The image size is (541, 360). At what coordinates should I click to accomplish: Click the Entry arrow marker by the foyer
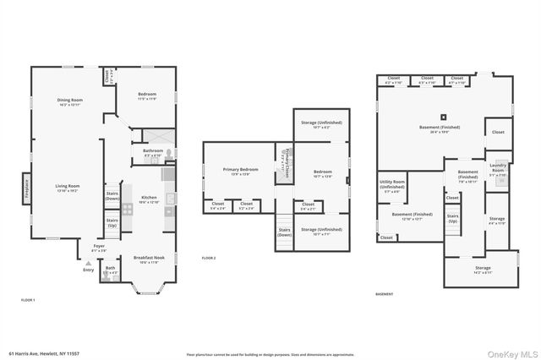click(88, 265)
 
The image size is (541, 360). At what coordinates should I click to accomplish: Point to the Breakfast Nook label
click(147, 259)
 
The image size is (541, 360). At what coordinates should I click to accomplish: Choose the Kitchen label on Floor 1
click(149, 199)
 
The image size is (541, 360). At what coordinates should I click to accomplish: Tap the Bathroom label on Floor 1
click(153, 152)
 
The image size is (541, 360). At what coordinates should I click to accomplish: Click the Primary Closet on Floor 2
click(286, 161)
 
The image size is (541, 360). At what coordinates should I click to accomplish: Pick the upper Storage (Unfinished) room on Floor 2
click(321, 124)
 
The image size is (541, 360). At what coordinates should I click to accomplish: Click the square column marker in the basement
click(441, 117)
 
